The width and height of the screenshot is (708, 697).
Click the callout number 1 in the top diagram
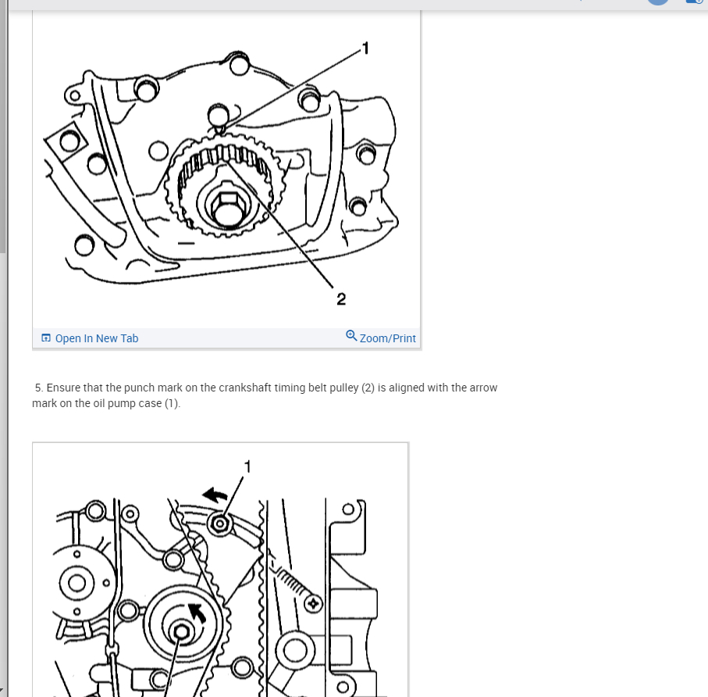pos(365,49)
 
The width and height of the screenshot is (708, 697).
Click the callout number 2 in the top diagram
pos(341,298)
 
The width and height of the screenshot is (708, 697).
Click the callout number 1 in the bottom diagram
pos(248,466)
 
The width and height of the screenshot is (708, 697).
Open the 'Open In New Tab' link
pos(96,338)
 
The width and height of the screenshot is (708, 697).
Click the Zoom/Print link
pos(387,338)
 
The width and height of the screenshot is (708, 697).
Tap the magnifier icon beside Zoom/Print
pos(351,336)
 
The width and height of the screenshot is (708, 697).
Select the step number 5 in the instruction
pos(38,388)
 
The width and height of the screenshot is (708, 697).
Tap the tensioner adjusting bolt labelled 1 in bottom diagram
pos(220,523)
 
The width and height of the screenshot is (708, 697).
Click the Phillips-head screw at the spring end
pos(314,603)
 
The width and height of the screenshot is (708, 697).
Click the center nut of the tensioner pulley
pos(182,631)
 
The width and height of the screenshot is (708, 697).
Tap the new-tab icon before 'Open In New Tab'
pos(46,338)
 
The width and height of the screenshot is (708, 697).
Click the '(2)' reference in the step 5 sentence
pos(368,388)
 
